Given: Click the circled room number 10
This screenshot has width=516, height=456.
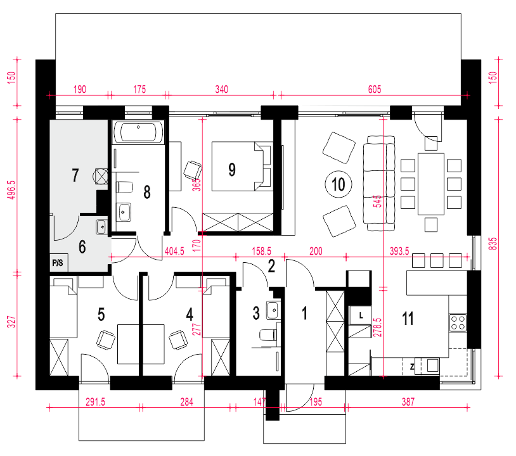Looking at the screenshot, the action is click(x=339, y=184).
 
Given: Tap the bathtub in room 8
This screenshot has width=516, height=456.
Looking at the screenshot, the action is click(x=139, y=132).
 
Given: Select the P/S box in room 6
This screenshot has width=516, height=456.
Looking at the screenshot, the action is click(x=59, y=262).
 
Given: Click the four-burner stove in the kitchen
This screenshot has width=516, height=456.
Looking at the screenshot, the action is click(x=458, y=322).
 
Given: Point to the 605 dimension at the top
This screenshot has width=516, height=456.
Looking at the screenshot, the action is click(x=375, y=89).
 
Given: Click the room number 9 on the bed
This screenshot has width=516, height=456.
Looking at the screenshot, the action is click(x=232, y=170).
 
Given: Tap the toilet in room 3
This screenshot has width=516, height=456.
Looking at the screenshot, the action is click(x=269, y=335).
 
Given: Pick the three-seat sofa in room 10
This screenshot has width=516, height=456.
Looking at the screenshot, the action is click(x=379, y=183).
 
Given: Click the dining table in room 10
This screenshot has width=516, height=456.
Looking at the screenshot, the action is click(x=431, y=184).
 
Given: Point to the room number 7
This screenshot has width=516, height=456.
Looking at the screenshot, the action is click(x=75, y=175).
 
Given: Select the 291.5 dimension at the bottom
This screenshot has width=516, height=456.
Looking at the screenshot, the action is click(x=96, y=402).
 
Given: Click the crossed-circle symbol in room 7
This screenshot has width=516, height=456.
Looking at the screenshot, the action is click(x=101, y=175).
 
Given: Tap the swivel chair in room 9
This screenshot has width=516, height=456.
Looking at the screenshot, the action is click(x=193, y=170).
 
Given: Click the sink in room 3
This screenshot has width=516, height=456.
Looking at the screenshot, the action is click(x=273, y=310).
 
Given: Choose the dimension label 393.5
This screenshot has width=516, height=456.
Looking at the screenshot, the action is click(x=399, y=251).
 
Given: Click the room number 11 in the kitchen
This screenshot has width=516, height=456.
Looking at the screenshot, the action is click(x=408, y=318).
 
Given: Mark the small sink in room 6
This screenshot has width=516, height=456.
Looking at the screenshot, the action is click(x=101, y=227).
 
